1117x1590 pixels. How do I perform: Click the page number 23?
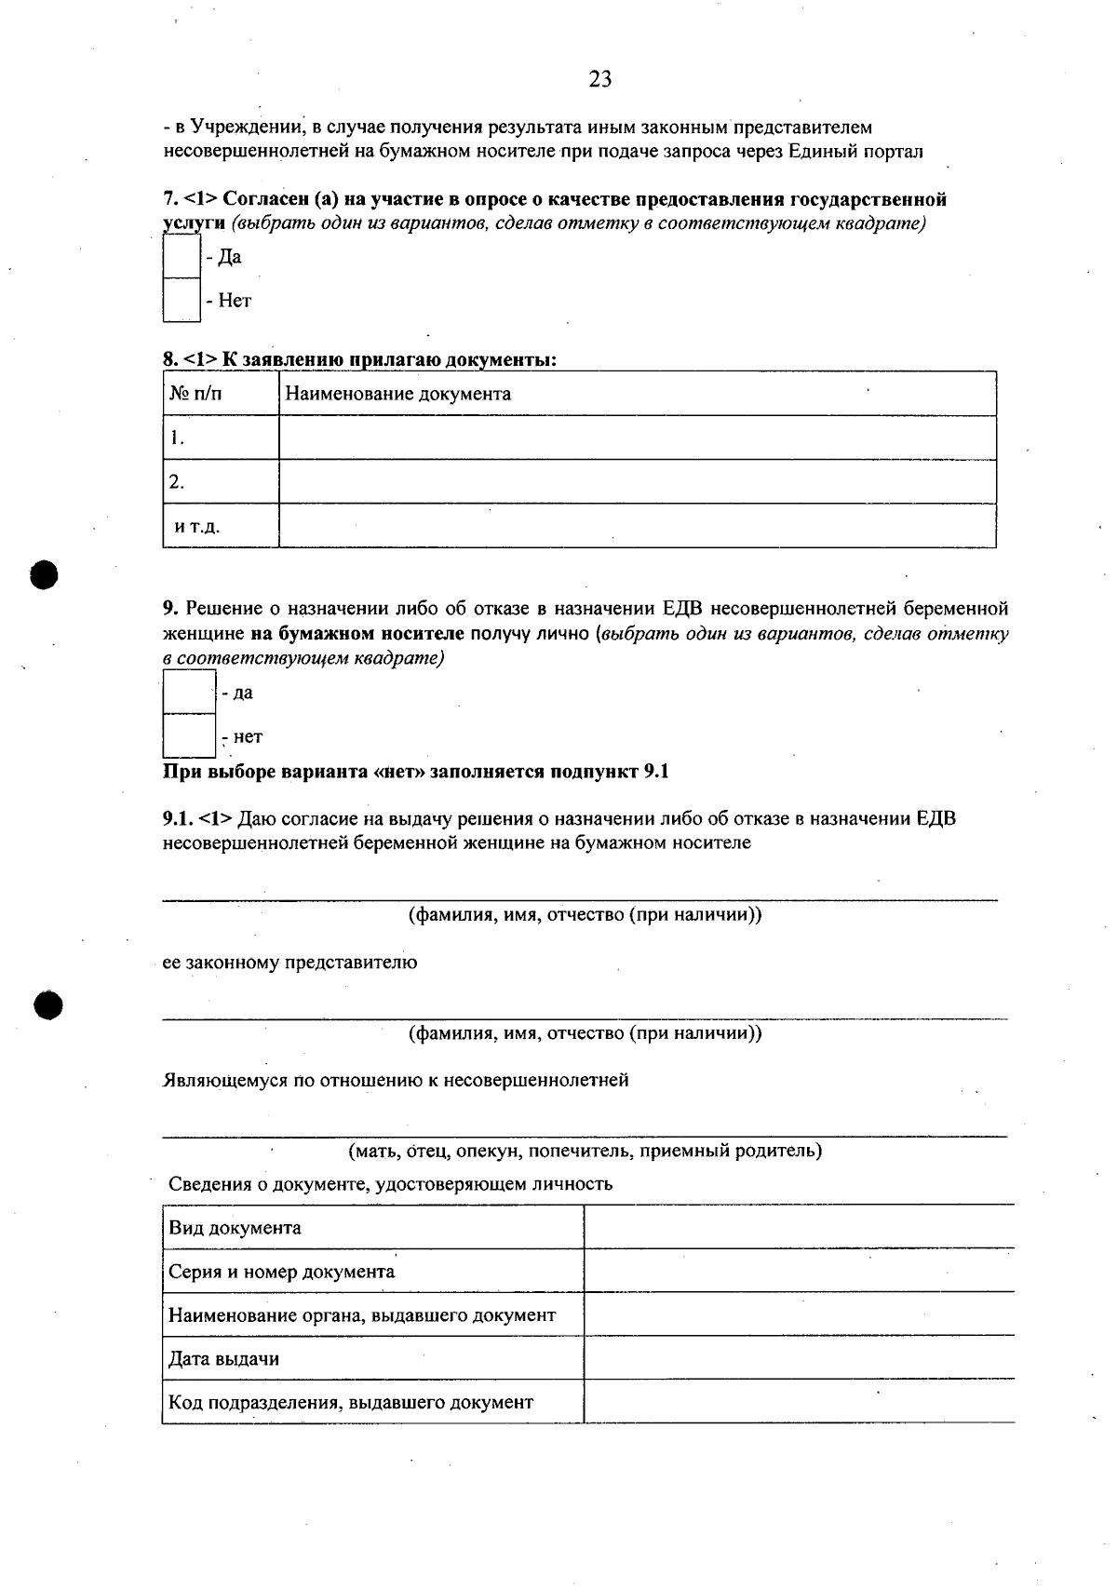tap(600, 80)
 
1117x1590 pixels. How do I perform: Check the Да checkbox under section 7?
tap(182, 256)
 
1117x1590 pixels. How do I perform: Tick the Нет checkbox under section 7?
tap(182, 300)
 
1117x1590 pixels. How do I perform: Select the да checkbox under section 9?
tap(189, 692)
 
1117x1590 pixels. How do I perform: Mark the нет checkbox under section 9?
tap(189, 735)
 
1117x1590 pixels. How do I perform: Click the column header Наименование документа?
tap(397, 394)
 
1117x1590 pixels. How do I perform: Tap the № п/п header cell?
tap(195, 394)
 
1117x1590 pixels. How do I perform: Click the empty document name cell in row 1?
tap(637, 438)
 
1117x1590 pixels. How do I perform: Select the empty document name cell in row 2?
tap(637, 481)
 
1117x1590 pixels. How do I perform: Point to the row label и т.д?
tap(197, 527)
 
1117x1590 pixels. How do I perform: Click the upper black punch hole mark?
tap(44, 573)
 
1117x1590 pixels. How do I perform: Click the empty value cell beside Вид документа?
tap(798, 1227)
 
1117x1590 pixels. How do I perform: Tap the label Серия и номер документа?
tap(281, 1272)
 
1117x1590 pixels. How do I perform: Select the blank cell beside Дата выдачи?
tap(798, 1358)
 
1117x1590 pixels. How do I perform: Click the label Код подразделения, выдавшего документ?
tap(351, 1402)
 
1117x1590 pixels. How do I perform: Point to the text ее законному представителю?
tap(289, 963)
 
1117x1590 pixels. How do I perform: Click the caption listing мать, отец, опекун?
tap(585, 1151)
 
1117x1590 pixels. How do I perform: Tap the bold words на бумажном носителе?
tap(357, 634)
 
